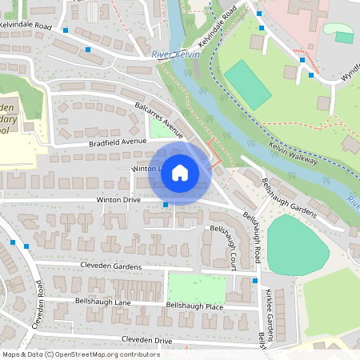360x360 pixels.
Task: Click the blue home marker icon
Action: pyautogui.click(x=180, y=173)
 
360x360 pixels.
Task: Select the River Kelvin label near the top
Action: pyautogui.click(x=175, y=54)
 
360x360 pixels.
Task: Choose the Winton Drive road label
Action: pyautogui.click(x=118, y=199)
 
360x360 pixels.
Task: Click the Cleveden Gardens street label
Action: pyautogui.click(x=110, y=266)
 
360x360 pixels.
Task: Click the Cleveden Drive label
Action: pyautogui.click(x=146, y=340)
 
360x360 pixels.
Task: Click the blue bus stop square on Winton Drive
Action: pyautogui.click(x=166, y=206)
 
